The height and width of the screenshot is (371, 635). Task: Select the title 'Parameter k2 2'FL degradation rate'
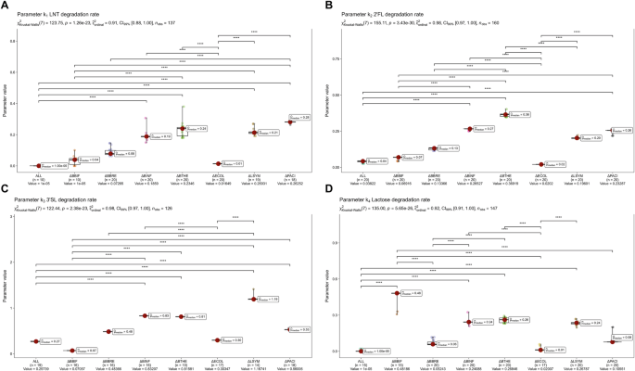[x=381, y=16]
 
